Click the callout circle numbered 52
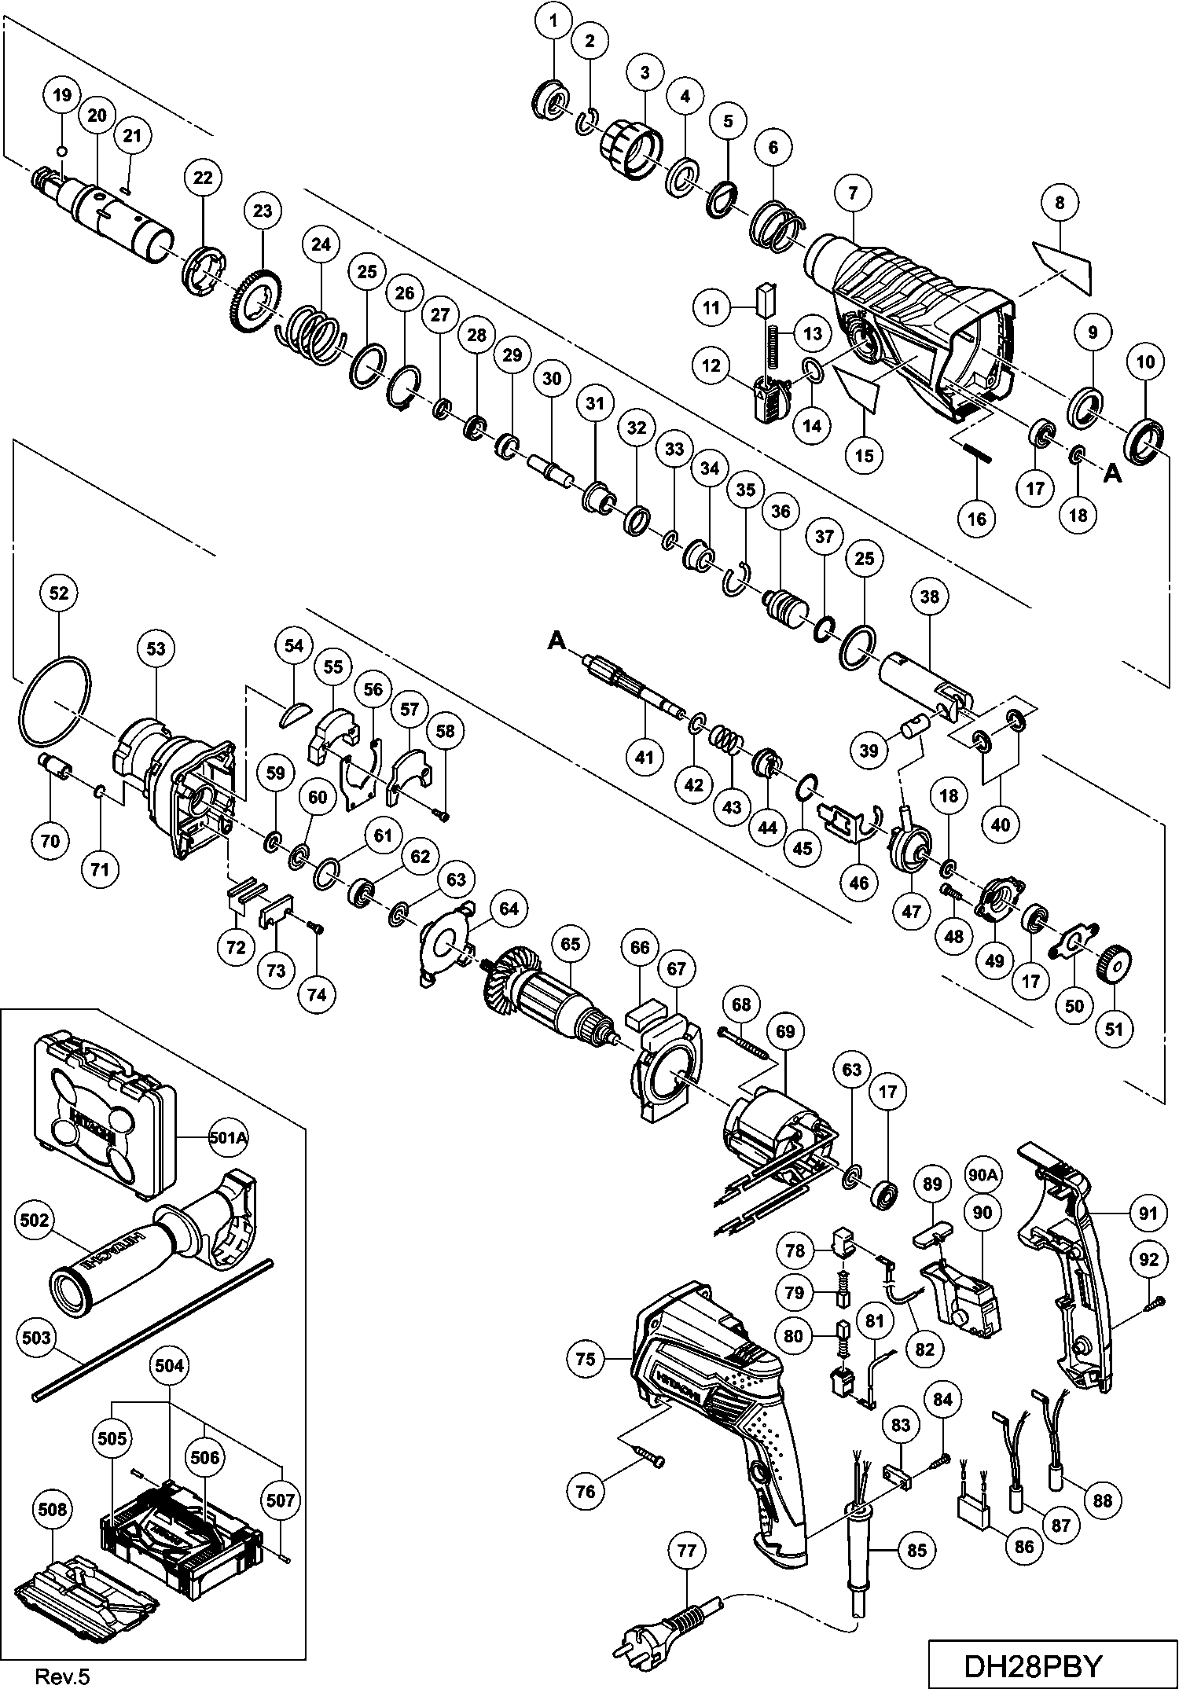click(59, 593)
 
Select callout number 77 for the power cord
click(687, 1550)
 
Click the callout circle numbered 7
click(854, 191)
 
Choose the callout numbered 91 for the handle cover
click(1148, 1214)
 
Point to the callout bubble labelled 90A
click(982, 1174)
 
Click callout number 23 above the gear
click(263, 211)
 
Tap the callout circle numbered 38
click(929, 597)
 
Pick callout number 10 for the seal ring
click(1146, 362)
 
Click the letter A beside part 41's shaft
click(556, 642)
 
